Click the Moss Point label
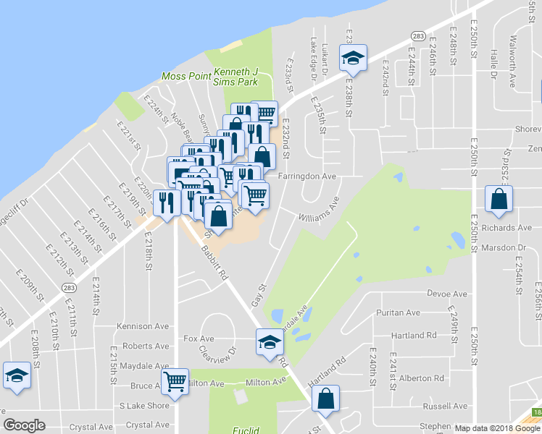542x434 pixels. point(185,76)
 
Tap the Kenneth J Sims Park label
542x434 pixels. point(236,77)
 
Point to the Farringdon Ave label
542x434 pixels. point(308,176)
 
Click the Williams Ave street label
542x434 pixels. point(319,212)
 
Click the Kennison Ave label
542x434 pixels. point(140,327)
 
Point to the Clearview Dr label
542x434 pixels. point(218,355)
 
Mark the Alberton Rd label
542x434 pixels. point(421,378)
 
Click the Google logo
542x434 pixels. point(24,425)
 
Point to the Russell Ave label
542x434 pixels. point(445,406)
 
